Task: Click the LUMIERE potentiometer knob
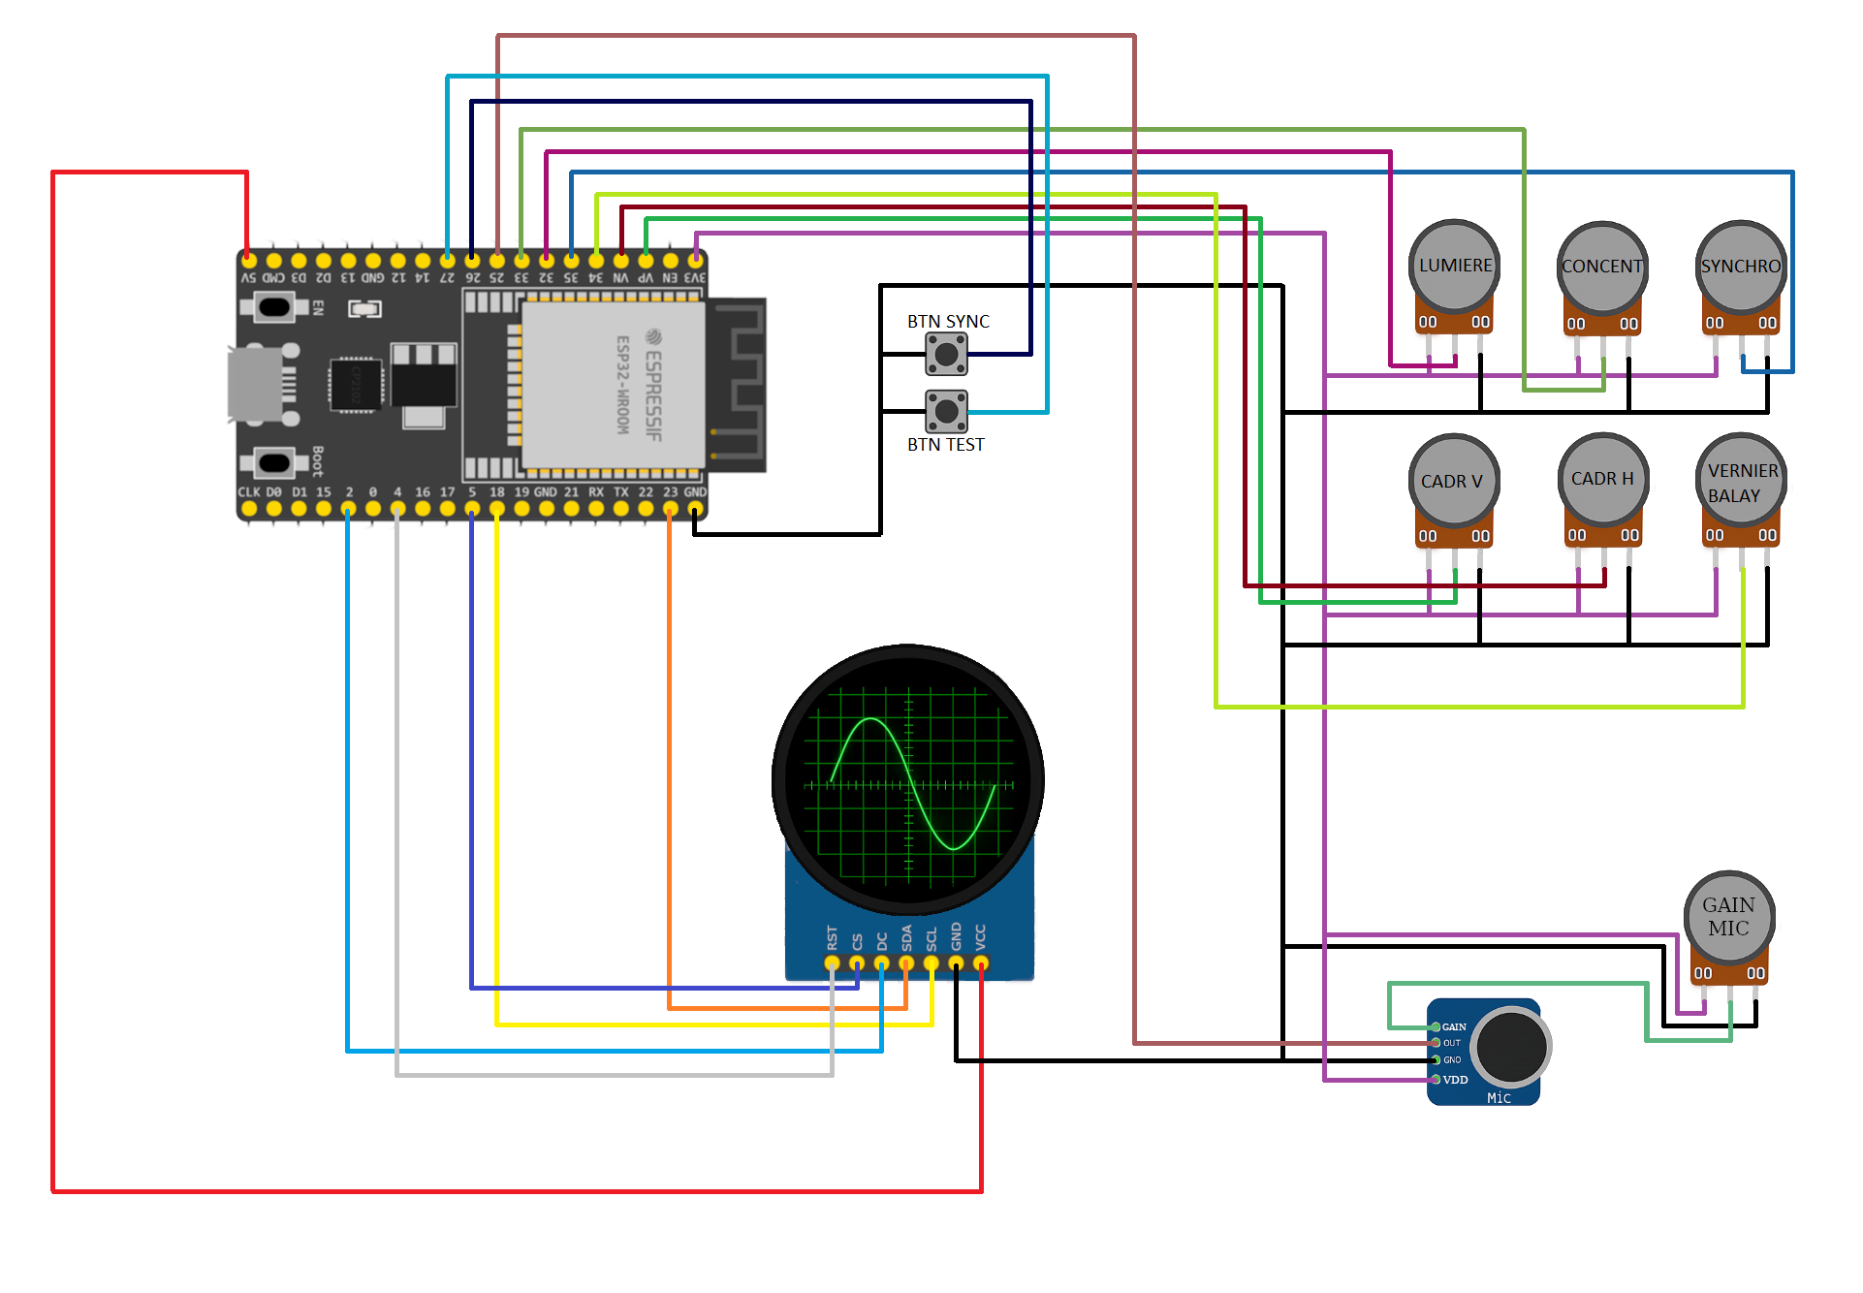pos(1454,265)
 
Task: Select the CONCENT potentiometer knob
pos(1602,267)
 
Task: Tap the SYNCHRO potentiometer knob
pos(1741,266)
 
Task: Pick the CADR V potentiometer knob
pos(1453,480)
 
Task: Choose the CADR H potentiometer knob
pos(1602,479)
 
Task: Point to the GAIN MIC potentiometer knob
pos(1729,916)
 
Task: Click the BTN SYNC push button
pos(946,354)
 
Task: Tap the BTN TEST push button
pos(946,411)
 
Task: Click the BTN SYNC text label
pos(948,321)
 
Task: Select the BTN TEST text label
pos(945,445)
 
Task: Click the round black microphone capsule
pos(1510,1047)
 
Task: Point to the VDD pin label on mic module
pos(1455,1080)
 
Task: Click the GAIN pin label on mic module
pos(1454,1026)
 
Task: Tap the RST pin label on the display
pos(832,937)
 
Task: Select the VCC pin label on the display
pos(981,937)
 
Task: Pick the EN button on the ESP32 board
pos(274,308)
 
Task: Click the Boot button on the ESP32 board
pos(274,462)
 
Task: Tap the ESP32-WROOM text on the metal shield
pos(623,384)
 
